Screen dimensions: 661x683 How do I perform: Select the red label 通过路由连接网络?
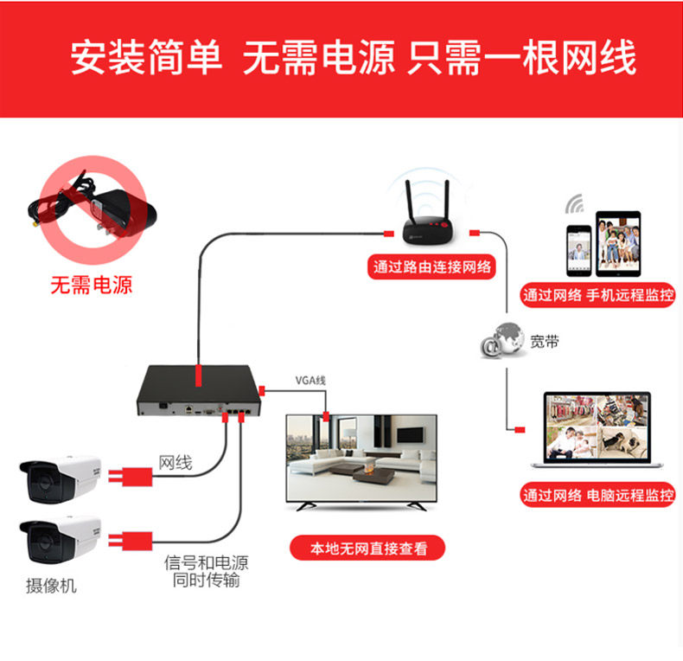432,266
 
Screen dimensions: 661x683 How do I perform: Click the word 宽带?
545,342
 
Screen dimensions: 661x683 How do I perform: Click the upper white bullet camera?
61,478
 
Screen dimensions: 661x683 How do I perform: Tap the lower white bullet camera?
61,541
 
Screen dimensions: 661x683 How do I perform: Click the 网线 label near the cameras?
175,463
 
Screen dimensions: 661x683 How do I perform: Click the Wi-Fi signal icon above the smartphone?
575,205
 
